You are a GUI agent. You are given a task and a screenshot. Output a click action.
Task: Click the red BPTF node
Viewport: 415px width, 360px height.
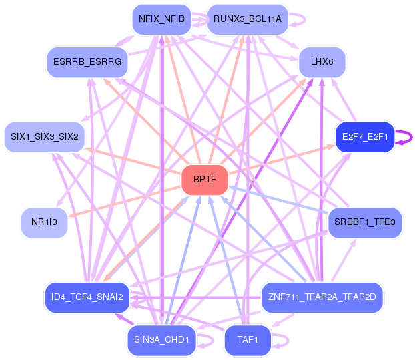205,180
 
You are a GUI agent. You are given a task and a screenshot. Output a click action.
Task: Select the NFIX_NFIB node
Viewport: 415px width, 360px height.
161,19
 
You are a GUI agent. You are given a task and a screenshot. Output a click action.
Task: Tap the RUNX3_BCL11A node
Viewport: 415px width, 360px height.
247,19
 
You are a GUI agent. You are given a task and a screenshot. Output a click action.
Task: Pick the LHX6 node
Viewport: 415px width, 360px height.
322,62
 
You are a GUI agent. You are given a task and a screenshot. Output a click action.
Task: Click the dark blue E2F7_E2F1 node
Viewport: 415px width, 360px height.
364,137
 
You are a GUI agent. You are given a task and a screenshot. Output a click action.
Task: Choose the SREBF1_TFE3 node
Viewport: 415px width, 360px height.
364,222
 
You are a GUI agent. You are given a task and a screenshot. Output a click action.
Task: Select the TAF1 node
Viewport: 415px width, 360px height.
247,341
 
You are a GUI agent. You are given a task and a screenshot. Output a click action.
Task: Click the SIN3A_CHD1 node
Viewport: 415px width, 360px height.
161,341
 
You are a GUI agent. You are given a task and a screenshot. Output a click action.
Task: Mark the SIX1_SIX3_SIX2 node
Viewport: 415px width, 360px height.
44,137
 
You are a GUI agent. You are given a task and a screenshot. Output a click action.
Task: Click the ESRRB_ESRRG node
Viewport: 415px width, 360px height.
87,62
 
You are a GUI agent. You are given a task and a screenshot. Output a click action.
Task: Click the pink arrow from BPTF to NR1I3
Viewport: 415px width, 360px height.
127,200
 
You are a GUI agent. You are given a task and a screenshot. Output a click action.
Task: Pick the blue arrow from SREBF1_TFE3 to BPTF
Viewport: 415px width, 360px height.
280,199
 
